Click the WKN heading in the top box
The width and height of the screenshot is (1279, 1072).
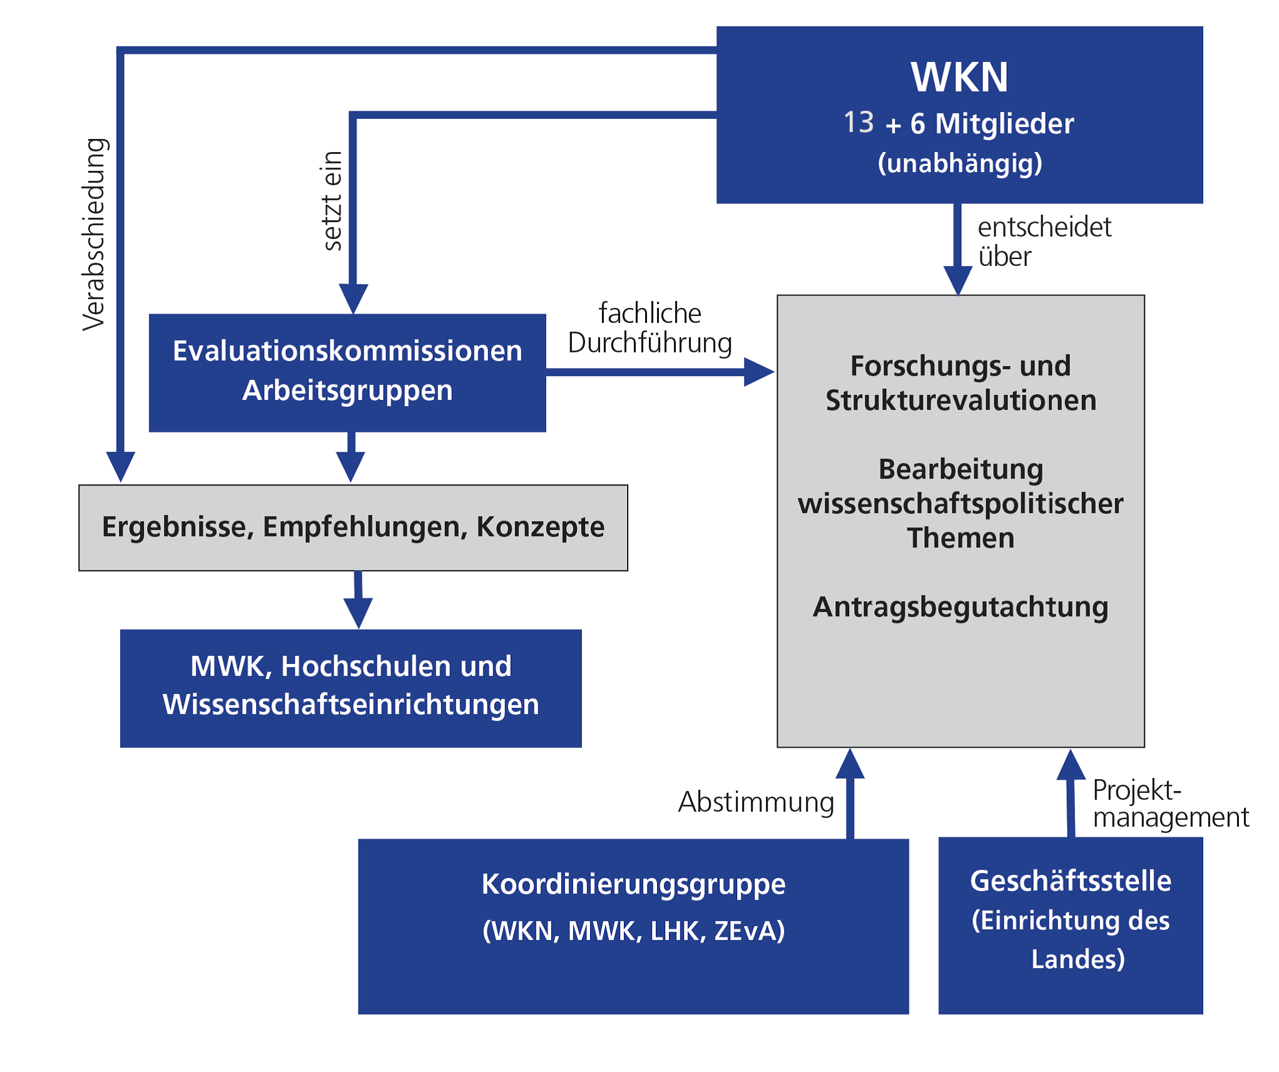click(x=959, y=78)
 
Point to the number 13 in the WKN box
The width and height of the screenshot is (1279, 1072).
click(x=858, y=122)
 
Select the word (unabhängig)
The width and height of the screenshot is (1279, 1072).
click(x=960, y=163)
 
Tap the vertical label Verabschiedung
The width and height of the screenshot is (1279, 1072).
click(x=94, y=234)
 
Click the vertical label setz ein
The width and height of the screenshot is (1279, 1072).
click(x=332, y=201)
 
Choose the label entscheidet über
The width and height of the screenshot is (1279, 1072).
click(x=1044, y=242)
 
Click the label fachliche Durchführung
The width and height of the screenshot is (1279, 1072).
click(x=650, y=328)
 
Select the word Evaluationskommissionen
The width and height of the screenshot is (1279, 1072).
click(x=347, y=351)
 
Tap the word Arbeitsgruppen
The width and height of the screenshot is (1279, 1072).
click(x=347, y=391)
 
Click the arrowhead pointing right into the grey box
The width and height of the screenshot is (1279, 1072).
click(x=758, y=372)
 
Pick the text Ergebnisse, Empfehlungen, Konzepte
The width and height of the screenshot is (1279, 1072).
click(x=353, y=527)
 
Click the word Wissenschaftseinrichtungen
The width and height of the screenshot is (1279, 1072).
click(x=350, y=705)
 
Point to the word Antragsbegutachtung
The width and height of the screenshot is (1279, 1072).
click(x=960, y=607)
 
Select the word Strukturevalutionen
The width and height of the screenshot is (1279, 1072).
click(x=961, y=401)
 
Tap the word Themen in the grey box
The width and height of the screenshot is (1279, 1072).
click(x=961, y=538)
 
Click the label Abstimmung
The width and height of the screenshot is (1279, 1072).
click(x=756, y=802)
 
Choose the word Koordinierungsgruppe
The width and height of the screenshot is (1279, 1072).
click(x=633, y=885)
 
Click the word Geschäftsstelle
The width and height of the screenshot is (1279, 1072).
click(x=1070, y=881)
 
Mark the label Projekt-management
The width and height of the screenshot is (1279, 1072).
click(x=1169, y=804)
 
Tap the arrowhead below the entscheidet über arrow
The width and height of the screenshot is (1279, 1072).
click(x=957, y=279)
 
